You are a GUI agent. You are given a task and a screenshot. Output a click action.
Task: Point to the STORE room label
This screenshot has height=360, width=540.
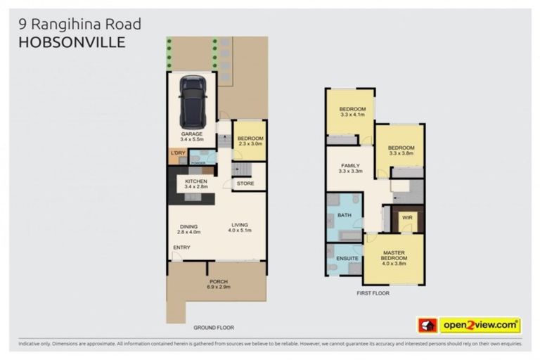(245, 184)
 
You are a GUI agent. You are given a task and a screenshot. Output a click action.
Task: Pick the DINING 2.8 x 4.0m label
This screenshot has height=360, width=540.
(189, 229)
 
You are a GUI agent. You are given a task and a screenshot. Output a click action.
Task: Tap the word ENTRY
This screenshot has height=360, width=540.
(181, 247)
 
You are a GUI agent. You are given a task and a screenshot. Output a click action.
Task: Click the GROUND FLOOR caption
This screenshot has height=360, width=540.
(214, 328)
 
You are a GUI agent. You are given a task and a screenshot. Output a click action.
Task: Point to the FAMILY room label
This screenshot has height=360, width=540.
(350, 166)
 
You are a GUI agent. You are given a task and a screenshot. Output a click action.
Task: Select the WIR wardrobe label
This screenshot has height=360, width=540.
(406, 218)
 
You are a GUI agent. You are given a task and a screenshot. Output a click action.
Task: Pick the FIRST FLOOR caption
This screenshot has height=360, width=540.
(373, 292)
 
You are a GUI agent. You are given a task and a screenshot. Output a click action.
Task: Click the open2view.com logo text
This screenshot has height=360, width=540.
(480, 325)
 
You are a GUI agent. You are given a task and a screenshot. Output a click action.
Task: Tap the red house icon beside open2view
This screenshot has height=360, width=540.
(427, 325)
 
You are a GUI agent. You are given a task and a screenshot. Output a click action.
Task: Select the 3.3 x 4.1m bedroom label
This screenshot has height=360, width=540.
(352, 112)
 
